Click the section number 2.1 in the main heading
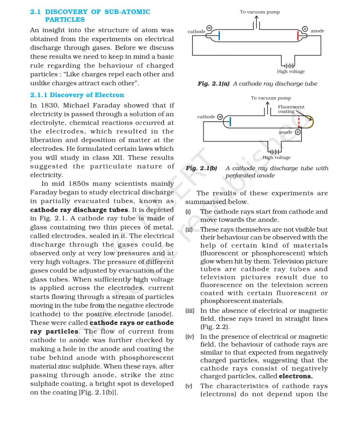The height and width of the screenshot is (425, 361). point(35,12)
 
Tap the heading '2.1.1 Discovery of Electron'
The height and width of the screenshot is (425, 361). point(77,95)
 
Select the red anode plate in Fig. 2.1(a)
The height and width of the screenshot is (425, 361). point(298,35)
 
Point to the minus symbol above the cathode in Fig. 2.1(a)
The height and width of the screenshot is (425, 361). point(209,28)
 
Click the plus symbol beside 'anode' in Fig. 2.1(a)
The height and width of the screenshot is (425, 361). point(305,29)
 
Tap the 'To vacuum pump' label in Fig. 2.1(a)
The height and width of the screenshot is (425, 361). point(260,12)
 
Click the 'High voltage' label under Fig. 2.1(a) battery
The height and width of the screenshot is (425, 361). point(290,72)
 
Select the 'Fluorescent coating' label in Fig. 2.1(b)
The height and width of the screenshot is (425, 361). point(291,109)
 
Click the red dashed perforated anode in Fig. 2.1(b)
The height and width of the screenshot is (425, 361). point(299,122)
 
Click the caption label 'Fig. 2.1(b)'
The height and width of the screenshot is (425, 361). point(202,168)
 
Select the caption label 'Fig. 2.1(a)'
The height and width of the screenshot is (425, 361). point(214,84)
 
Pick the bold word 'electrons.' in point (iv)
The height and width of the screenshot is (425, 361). point(296,376)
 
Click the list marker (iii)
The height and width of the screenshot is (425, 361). point(190,311)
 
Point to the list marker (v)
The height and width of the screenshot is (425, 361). point(189,386)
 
